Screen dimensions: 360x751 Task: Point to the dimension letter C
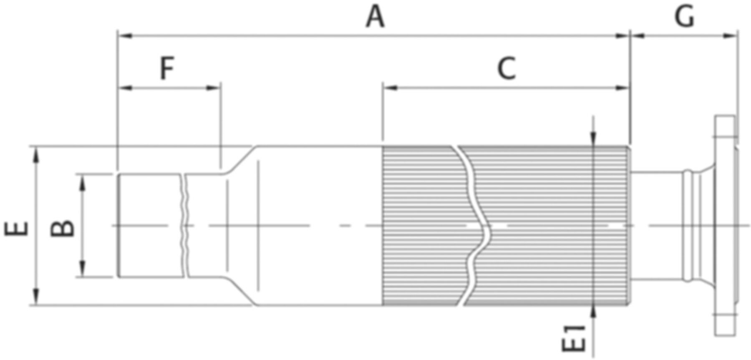[x=507, y=69]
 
